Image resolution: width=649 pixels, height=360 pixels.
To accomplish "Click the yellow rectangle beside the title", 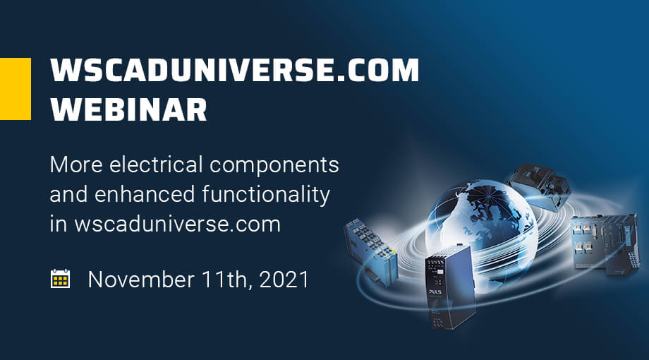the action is click(16, 89).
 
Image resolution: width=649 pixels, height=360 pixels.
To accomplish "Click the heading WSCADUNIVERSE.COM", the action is click(235, 70).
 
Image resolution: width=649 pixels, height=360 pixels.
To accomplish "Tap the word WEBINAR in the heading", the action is click(128, 109).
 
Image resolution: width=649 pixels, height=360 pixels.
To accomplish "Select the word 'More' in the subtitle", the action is click(76, 165).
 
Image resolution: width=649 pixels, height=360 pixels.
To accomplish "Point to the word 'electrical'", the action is click(156, 164).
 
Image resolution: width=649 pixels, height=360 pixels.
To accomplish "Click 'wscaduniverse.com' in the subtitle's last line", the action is click(178, 224).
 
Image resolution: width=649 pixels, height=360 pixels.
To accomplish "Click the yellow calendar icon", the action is click(60, 279).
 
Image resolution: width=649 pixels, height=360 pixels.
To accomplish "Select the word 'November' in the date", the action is click(141, 280).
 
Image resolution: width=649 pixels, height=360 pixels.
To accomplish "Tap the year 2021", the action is click(284, 280).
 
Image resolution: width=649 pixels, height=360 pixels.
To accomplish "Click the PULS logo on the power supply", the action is click(435, 292).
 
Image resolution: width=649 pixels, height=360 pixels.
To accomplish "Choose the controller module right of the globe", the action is click(605, 244).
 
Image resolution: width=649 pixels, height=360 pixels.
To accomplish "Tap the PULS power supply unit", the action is click(450, 287).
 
